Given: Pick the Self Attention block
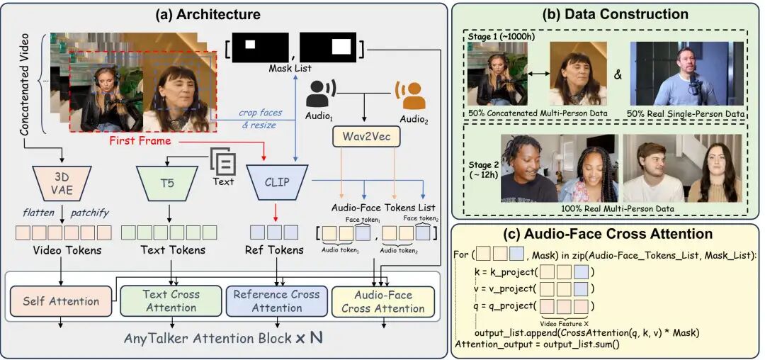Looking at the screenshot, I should tap(60, 301).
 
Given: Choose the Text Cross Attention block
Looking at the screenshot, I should tap(171, 301).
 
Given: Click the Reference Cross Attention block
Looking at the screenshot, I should tap(277, 301).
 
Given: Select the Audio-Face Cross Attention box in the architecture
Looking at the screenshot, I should tap(383, 301).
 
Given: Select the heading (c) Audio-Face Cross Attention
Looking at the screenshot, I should tap(606, 233).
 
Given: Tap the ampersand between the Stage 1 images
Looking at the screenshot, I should tap(618, 73).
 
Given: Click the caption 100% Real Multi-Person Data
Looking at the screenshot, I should tap(606, 208).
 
